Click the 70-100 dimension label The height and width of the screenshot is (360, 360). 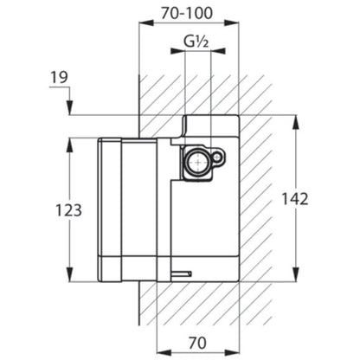pos(187,13)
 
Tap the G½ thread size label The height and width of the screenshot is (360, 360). pos(196,42)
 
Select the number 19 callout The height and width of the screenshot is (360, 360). pos(60,77)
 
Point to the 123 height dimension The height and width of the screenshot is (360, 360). pos(68,210)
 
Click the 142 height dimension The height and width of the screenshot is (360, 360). pos(294,199)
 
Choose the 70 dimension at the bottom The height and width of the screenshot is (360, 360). pos(197,343)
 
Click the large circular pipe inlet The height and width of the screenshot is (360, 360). pos(198,162)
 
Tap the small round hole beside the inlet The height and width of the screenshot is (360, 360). pos(217,157)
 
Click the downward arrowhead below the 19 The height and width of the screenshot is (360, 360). pos(69,107)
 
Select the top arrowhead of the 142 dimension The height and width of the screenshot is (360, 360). pos(295,122)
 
